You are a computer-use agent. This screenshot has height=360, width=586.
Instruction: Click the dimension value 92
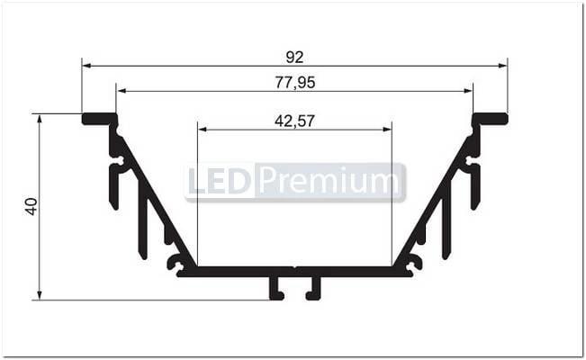(x=294, y=57)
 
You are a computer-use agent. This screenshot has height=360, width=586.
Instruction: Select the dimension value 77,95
(x=294, y=83)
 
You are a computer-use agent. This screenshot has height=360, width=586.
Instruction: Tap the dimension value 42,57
(x=294, y=120)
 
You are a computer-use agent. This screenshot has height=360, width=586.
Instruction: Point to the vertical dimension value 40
(x=32, y=206)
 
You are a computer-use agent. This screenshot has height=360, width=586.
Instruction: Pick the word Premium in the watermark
(x=329, y=183)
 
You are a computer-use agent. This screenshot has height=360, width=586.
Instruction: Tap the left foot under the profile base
(x=275, y=288)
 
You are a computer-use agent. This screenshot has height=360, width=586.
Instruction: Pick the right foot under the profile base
(x=313, y=288)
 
